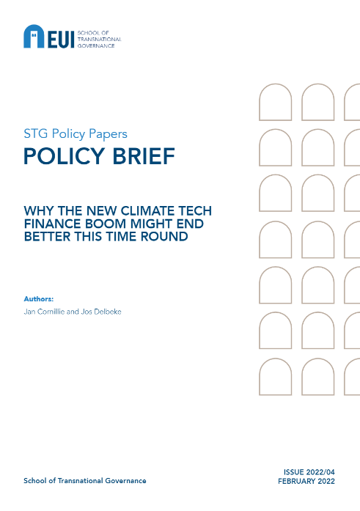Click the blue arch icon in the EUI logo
click(34, 37)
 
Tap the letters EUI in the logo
click(61, 39)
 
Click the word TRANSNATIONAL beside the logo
click(100, 39)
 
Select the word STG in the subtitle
click(36, 133)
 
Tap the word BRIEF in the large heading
click(144, 156)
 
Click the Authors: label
click(38, 299)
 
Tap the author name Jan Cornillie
click(44, 312)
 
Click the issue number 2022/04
click(321, 472)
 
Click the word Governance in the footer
click(125, 481)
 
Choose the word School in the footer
click(35, 481)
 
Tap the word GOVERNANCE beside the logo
click(96, 45)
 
